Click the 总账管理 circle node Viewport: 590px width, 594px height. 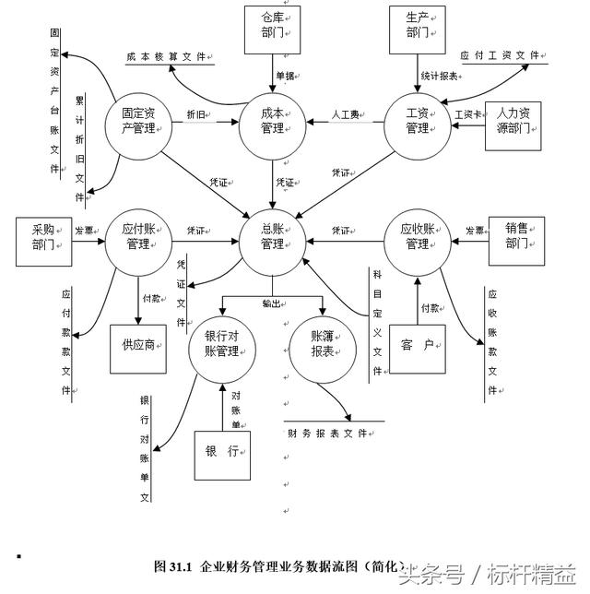(x=273, y=236)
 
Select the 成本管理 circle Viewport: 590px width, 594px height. (x=273, y=120)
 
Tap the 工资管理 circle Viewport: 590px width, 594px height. (x=418, y=120)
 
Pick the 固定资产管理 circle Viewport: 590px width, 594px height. (x=138, y=120)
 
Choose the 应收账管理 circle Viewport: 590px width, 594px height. (x=417, y=237)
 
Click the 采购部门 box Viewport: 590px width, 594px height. (x=44, y=238)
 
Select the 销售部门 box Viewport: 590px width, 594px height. (x=516, y=238)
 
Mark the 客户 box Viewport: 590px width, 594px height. (x=418, y=347)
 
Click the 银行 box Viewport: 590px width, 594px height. (x=222, y=452)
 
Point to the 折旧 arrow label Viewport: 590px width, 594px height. (x=196, y=115)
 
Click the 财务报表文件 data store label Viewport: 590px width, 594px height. (x=334, y=433)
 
